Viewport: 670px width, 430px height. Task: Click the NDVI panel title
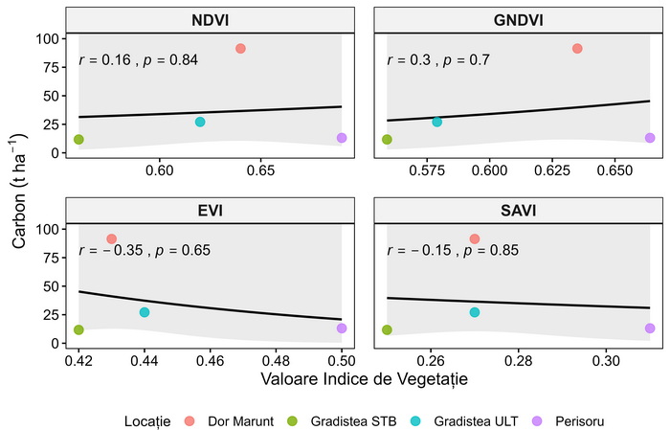coord(210,20)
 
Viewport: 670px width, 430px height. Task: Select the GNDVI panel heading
coord(519,20)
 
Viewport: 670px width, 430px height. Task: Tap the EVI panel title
coord(210,211)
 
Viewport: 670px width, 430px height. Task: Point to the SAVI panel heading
coord(519,211)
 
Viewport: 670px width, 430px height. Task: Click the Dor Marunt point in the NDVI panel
coord(240,48)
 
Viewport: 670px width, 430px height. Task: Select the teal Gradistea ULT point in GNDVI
coord(436,122)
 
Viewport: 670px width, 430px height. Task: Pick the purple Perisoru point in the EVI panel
coord(342,328)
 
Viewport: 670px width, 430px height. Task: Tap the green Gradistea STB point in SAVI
coord(387,329)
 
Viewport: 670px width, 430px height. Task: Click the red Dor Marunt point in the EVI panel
coord(112,238)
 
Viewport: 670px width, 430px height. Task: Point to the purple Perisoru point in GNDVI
coord(650,138)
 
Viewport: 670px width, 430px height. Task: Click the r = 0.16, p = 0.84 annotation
coord(139,59)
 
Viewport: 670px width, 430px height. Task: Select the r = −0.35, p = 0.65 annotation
coord(145,250)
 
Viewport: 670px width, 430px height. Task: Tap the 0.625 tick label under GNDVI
coord(552,171)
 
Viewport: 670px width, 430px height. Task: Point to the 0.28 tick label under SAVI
coord(519,361)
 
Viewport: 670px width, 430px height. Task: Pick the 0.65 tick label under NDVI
coord(260,171)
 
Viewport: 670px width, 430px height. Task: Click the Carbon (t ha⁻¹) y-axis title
coord(19,191)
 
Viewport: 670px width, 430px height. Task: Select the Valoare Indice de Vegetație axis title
coord(364,379)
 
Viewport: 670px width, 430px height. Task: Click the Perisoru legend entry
coord(568,421)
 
